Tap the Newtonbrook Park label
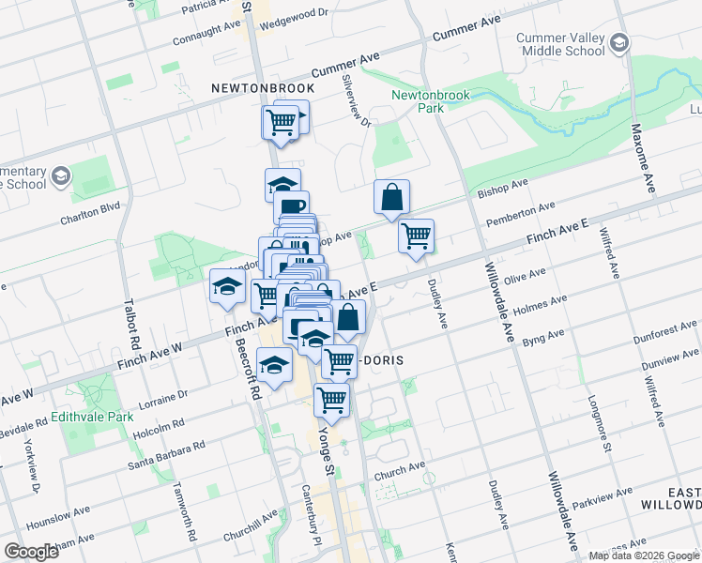click(x=417, y=101)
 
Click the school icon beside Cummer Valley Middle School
click(x=619, y=43)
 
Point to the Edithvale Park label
click(x=89, y=416)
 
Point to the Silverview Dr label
click(x=358, y=100)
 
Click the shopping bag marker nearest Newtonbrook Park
click(x=392, y=197)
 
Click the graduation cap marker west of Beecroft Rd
click(x=227, y=288)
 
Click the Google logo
click(x=32, y=552)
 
